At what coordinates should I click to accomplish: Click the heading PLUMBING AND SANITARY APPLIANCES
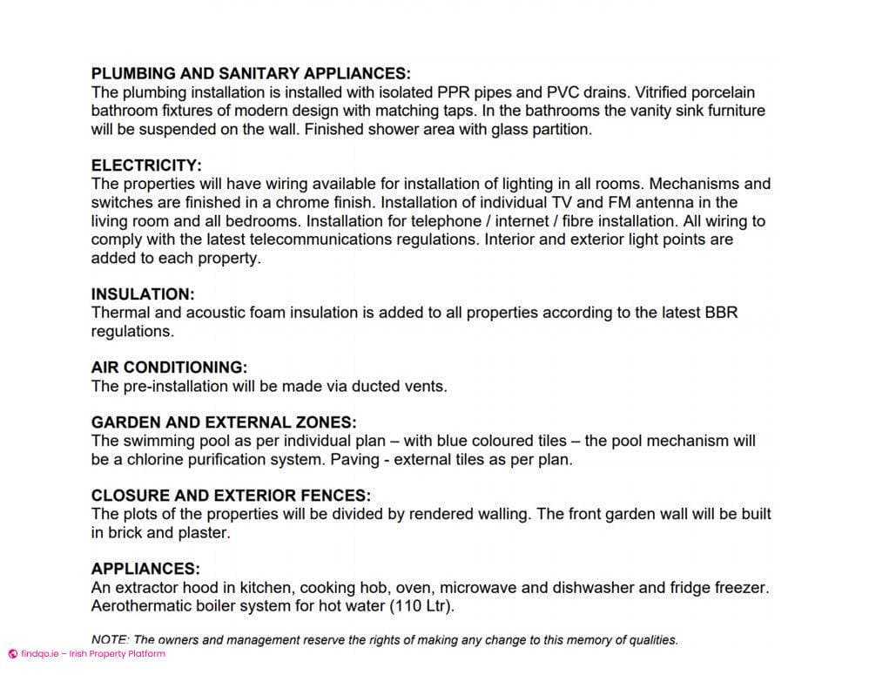click(x=251, y=73)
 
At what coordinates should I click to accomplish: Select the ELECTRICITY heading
click(x=146, y=165)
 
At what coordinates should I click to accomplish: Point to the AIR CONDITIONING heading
click(x=169, y=367)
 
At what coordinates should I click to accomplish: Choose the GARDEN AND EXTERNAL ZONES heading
click(x=224, y=422)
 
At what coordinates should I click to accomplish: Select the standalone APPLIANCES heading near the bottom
click(x=145, y=569)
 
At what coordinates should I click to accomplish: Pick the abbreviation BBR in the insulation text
click(x=719, y=312)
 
